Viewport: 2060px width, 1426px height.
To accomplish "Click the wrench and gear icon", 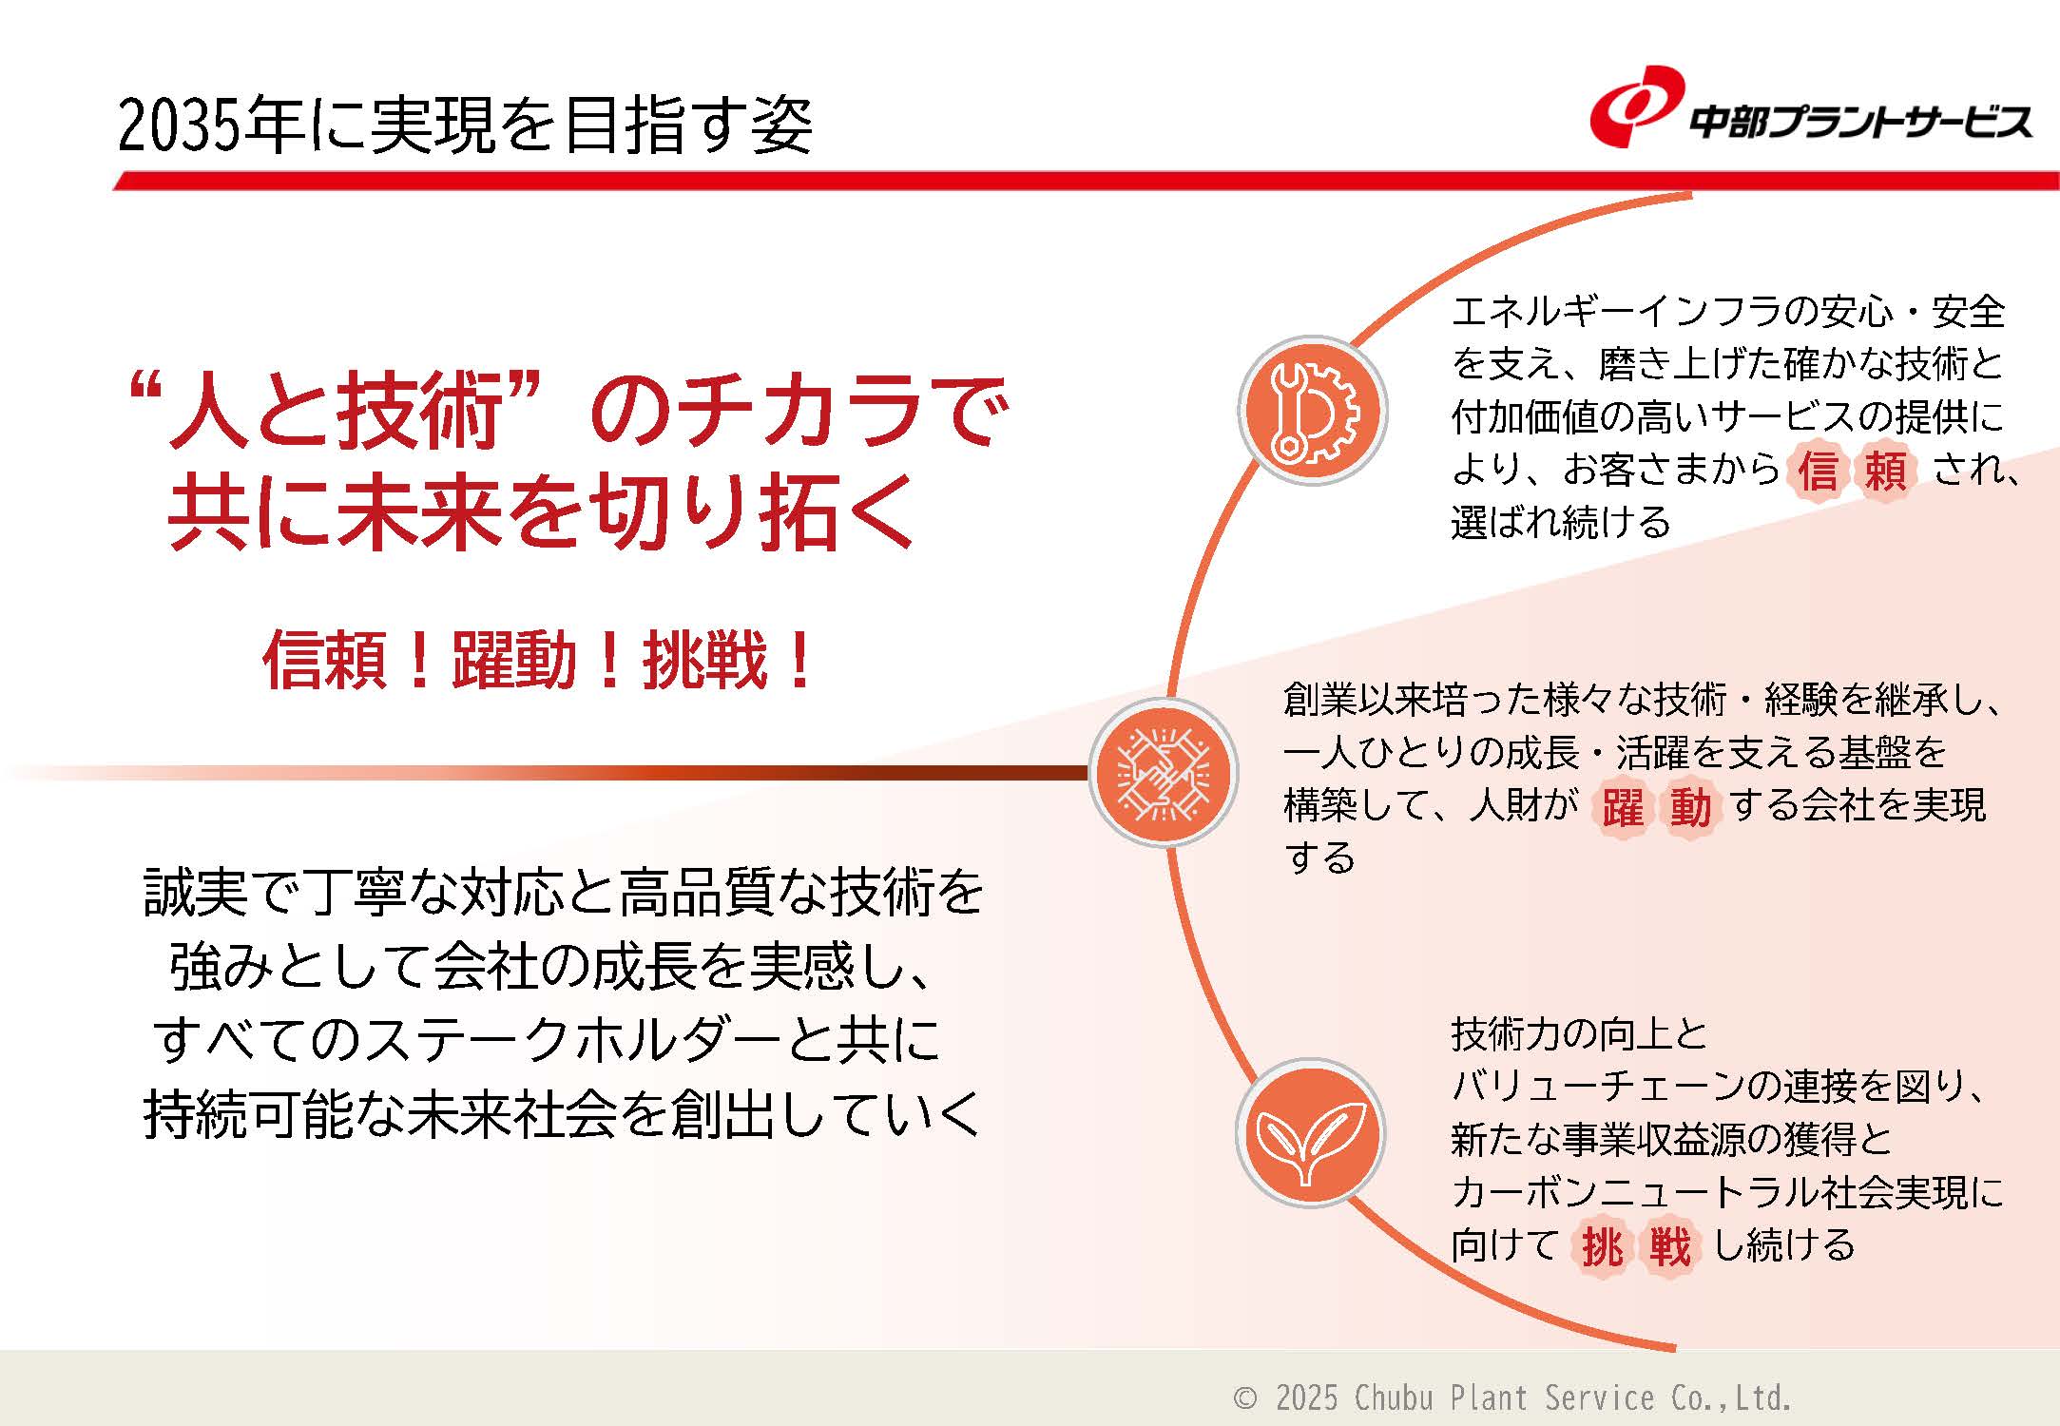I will (x=1313, y=411).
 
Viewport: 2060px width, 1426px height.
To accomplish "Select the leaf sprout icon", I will (x=1310, y=1133).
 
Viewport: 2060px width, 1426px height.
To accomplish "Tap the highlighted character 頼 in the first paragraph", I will (x=1885, y=470).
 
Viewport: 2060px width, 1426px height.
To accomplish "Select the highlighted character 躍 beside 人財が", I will (x=1623, y=807).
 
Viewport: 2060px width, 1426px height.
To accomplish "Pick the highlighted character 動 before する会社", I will (x=1689, y=807).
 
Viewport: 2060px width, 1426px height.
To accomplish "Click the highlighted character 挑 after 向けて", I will (x=1602, y=1246).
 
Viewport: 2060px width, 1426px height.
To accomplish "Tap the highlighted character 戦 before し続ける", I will (x=1670, y=1246).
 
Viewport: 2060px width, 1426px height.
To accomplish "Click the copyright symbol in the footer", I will (x=1244, y=1398).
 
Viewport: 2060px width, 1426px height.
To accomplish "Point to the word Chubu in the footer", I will (x=1394, y=1398).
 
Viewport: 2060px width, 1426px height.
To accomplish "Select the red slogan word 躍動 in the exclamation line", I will (x=514, y=660).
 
